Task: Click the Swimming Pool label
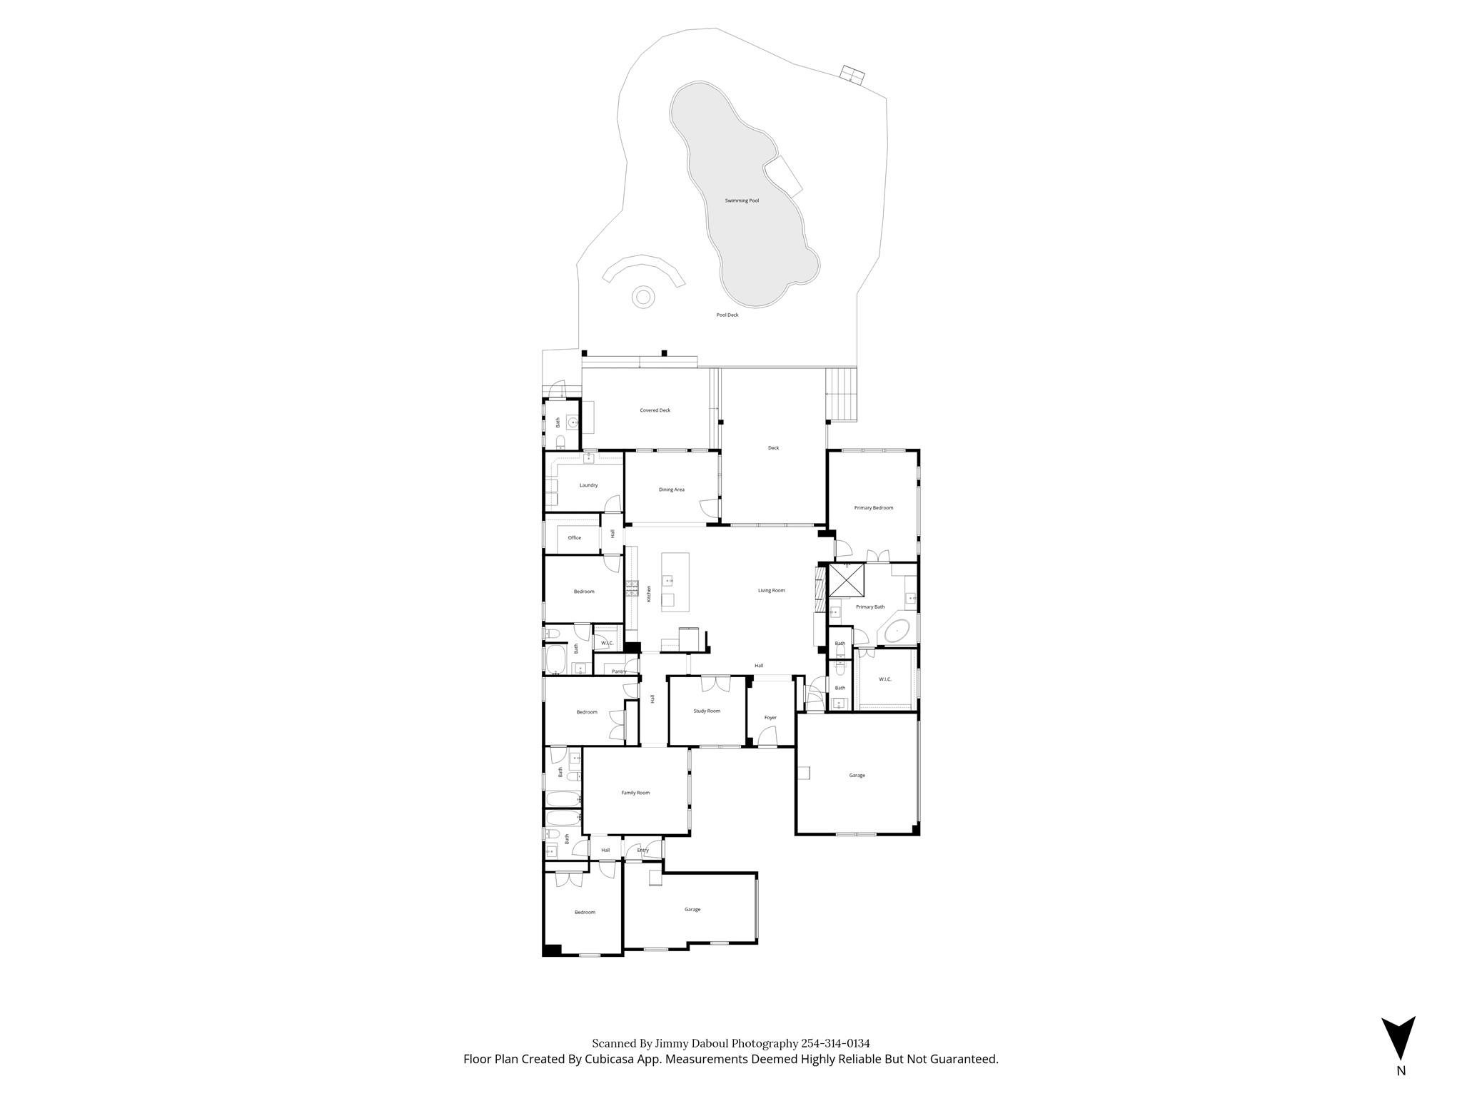coord(742,201)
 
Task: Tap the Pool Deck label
coord(727,315)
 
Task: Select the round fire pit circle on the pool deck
coord(643,297)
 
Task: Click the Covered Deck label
coord(655,410)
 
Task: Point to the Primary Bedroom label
coord(873,508)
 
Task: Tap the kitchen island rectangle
coord(675,582)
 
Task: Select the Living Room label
coord(771,591)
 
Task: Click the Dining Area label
coord(671,489)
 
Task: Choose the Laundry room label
coord(588,485)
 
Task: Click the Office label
coord(574,538)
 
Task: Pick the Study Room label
coord(707,711)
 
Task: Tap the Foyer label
coord(770,718)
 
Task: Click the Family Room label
coord(635,793)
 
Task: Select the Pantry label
coord(619,671)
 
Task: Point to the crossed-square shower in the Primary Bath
coord(847,579)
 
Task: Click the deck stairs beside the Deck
coord(842,395)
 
